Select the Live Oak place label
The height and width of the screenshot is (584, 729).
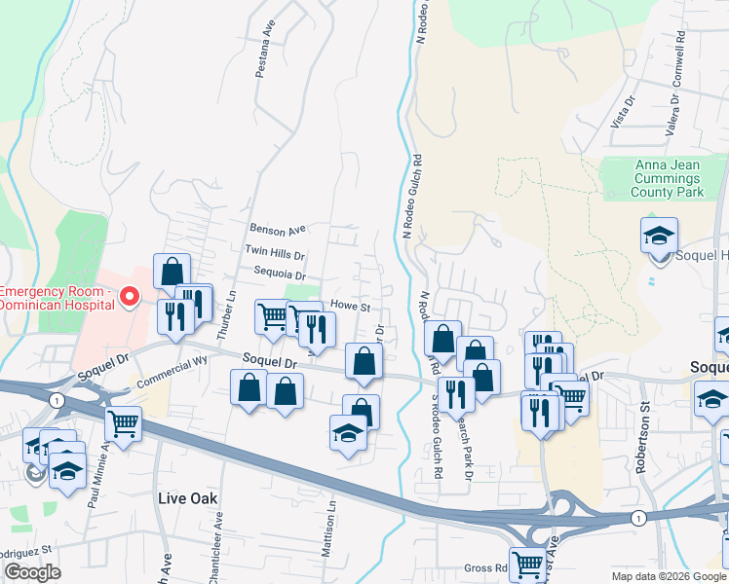click(x=186, y=497)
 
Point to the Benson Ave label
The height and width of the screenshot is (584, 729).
click(x=278, y=230)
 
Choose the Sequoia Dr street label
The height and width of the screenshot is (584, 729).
click(x=280, y=274)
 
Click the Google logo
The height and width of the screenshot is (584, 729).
click(x=32, y=572)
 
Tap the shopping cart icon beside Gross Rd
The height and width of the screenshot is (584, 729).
click(x=527, y=562)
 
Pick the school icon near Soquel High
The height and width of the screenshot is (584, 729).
click(x=659, y=235)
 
